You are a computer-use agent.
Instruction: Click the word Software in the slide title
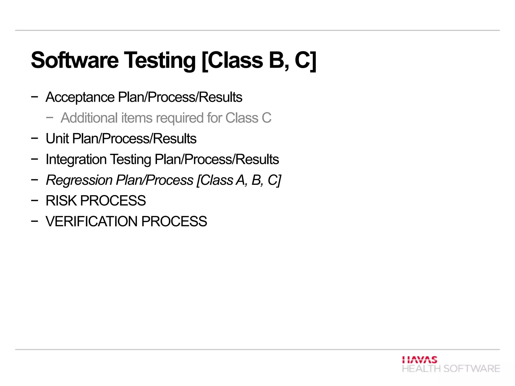pos(75,60)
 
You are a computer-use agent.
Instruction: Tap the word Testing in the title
pos(160,60)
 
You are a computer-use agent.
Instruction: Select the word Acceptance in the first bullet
pos(80,97)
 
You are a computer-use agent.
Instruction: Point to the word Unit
pos(57,138)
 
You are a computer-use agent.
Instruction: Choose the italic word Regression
pos(79,180)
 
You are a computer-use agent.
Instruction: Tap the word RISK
pos(61,201)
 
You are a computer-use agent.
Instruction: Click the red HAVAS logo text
pos(419,360)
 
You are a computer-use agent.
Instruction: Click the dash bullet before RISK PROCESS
pos(34,201)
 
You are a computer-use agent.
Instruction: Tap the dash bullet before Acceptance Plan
pos(34,97)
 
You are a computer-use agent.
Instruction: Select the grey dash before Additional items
pos(50,118)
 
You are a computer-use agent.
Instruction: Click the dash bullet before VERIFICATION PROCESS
pos(34,221)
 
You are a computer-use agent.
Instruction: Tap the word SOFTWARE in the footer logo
pos(471,369)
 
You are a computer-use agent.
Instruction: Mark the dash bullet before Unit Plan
pos(34,138)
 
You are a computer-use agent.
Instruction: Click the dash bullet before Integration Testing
pos(34,159)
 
